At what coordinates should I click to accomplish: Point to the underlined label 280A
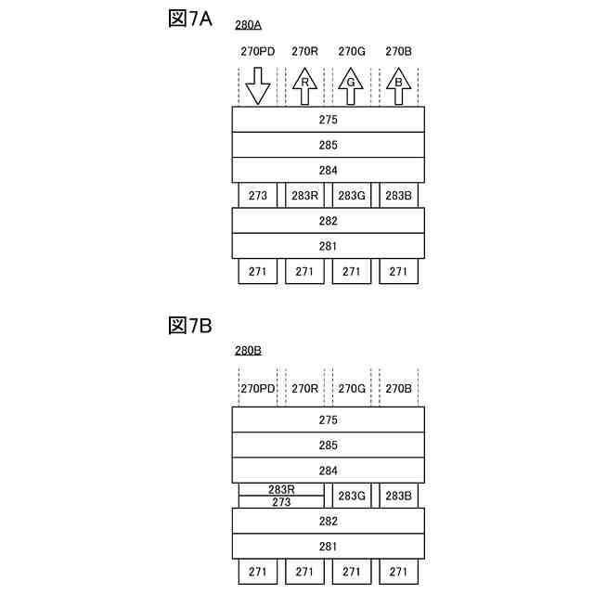coord(249,26)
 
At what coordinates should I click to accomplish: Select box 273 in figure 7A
coord(258,196)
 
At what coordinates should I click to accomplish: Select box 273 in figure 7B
coord(281,502)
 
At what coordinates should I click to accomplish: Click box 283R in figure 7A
coord(304,196)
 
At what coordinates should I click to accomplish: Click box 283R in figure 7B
coord(281,489)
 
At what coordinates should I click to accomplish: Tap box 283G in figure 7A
coord(351,196)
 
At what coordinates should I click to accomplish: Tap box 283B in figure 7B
coord(398,496)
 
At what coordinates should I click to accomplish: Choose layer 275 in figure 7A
coord(328,120)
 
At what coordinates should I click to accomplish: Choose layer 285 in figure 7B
coord(328,445)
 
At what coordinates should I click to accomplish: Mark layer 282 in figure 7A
coord(328,221)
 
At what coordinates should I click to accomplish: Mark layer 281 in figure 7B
coord(328,547)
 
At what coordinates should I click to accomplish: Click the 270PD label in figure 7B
coord(258,389)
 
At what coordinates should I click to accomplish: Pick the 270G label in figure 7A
coord(351,52)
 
